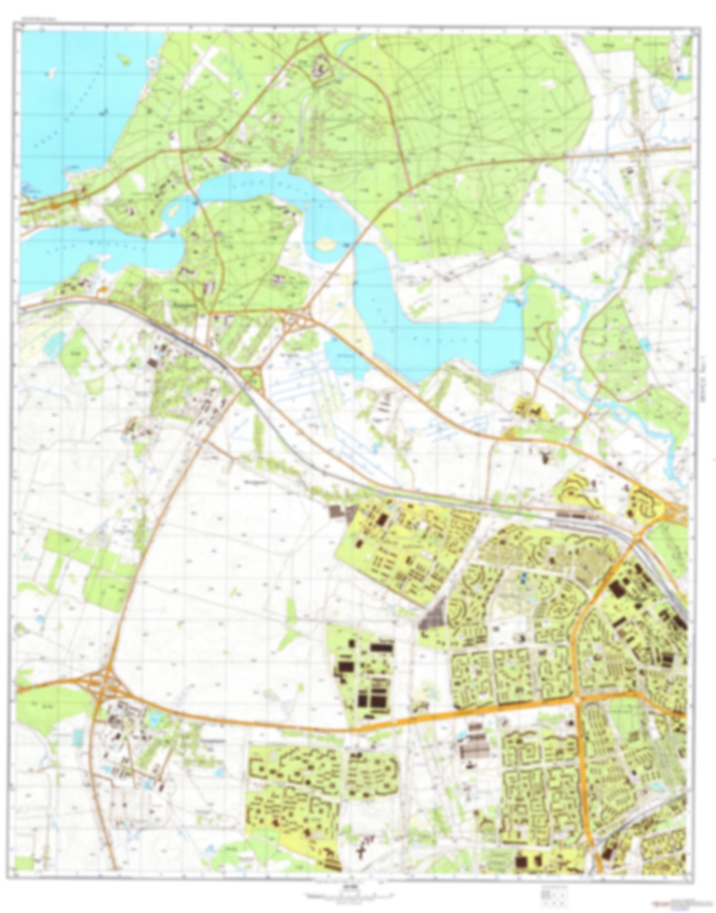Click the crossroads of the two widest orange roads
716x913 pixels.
[x=578, y=699]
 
